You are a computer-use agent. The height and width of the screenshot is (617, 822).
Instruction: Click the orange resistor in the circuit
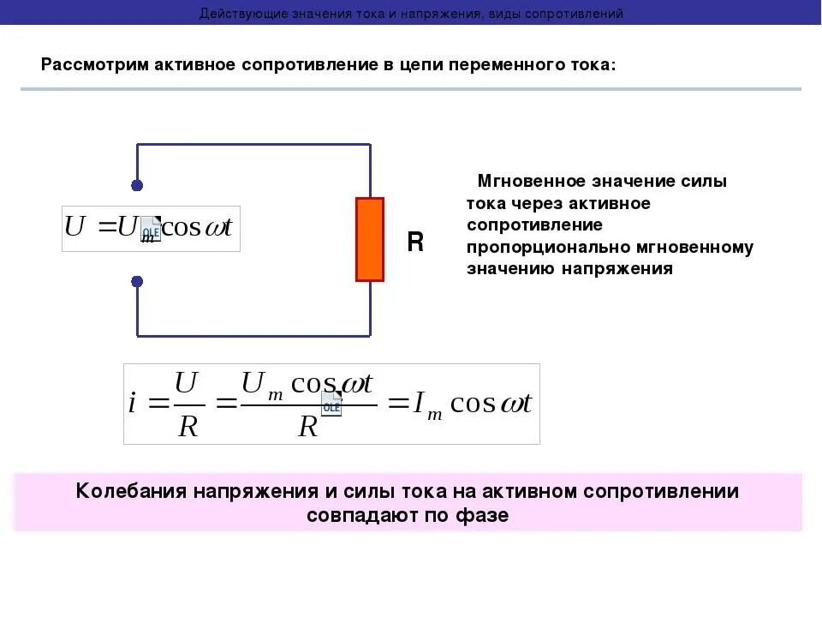(370, 239)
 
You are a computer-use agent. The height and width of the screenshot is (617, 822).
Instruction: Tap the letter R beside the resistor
(415, 243)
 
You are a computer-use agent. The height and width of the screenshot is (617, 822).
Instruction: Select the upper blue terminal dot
(137, 185)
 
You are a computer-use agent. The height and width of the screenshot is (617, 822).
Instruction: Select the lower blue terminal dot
(137, 281)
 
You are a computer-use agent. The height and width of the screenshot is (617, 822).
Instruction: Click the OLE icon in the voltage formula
(151, 230)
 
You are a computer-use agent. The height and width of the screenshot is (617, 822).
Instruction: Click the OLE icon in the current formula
(331, 404)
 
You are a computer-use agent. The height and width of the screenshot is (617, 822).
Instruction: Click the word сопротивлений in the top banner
(582, 14)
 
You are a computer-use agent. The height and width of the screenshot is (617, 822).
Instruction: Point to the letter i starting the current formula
(133, 404)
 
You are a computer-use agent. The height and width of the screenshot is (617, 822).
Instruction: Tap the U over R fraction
(188, 404)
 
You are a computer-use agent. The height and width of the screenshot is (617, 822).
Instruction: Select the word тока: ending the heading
(594, 65)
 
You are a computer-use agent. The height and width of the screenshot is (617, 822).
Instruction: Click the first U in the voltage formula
(75, 227)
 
